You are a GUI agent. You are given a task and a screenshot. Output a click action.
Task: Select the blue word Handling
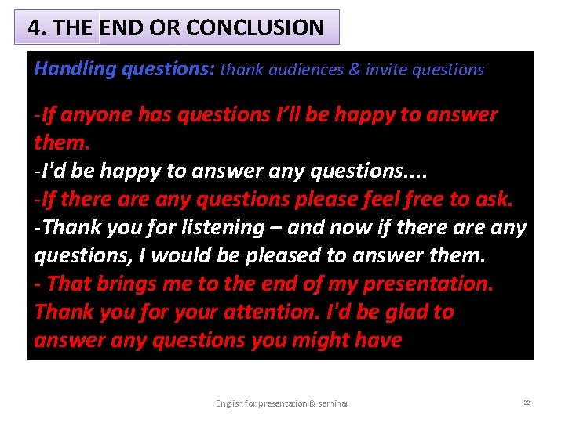[x=75, y=70]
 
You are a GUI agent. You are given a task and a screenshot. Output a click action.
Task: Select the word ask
[x=494, y=200]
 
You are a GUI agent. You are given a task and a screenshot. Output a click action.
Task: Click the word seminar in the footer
[x=333, y=403]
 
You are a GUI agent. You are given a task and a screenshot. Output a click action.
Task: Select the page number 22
[x=526, y=403]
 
